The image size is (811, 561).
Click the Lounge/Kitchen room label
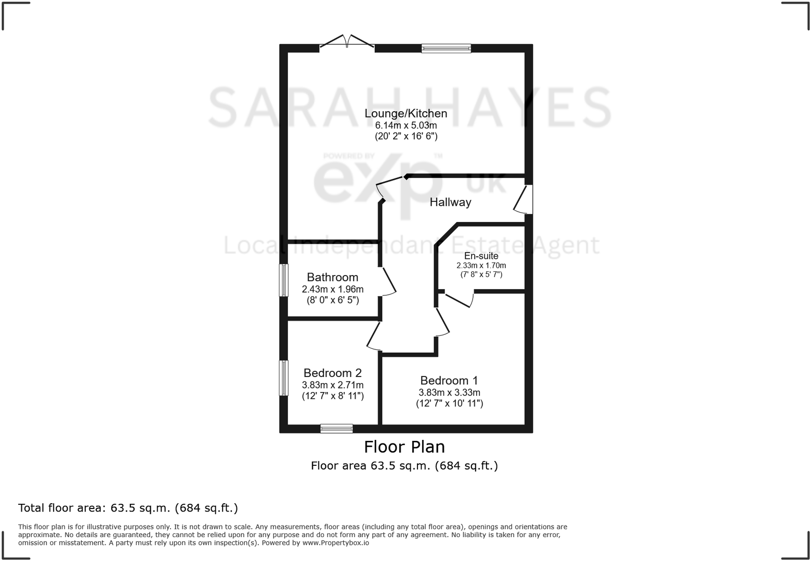point(406,113)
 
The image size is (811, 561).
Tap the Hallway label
point(450,202)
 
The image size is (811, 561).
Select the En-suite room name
point(481,256)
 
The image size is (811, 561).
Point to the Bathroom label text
point(332,277)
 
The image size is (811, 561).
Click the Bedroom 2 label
point(332,373)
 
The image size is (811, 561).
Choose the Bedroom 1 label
point(449,381)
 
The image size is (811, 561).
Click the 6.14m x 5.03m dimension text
point(406,125)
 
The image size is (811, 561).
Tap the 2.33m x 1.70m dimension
point(481,265)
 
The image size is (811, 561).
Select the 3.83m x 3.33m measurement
point(449,393)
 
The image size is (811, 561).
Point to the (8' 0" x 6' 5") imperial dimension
point(332,300)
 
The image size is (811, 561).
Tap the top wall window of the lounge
point(446,48)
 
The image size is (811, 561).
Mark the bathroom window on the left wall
point(284,280)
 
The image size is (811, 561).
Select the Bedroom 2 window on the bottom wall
point(336,428)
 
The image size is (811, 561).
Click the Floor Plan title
point(404,447)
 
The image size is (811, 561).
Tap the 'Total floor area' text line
point(128,507)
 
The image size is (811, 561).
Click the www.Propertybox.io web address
point(335,543)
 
